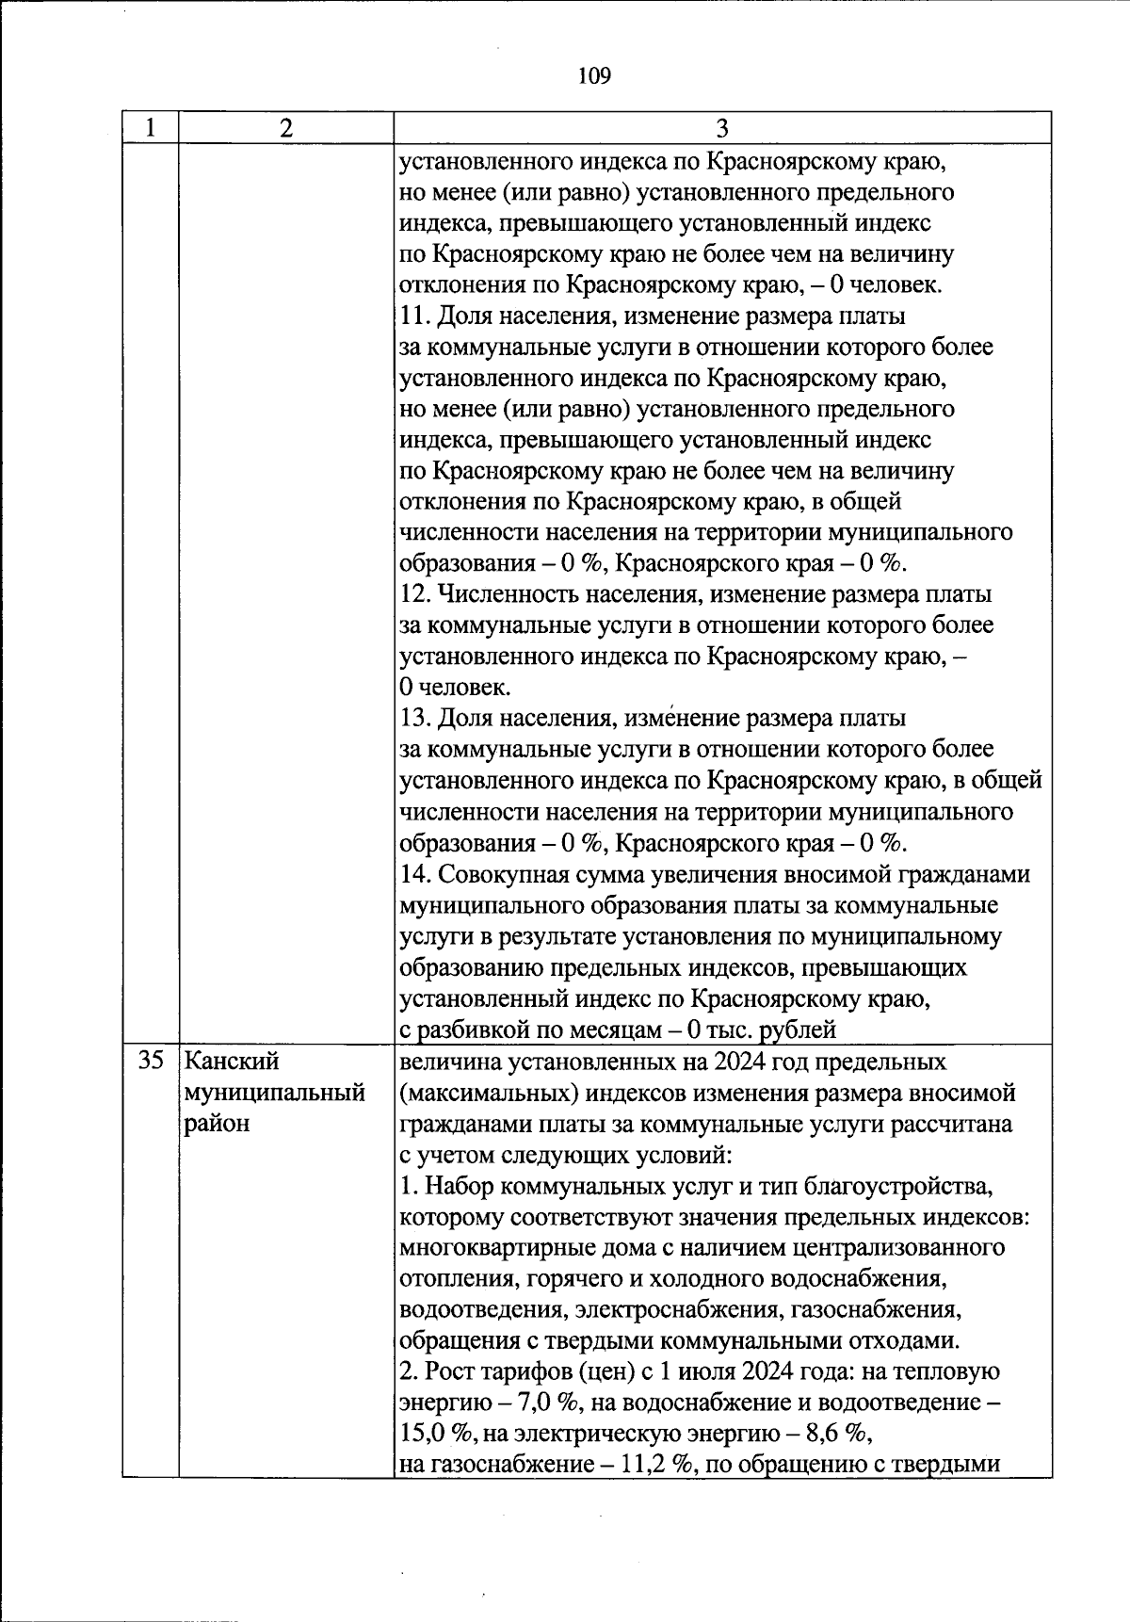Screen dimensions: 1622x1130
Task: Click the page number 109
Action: tap(594, 75)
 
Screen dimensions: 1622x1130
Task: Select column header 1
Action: tap(151, 128)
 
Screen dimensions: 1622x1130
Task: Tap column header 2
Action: tap(286, 128)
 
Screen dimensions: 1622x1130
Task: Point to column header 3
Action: tap(722, 128)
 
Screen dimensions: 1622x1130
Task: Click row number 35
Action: tap(151, 1062)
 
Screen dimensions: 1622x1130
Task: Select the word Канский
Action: tap(232, 1062)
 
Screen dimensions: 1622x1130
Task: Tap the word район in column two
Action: tap(217, 1124)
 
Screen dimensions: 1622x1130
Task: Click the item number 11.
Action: tap(412, 316)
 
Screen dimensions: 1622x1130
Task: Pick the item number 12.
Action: tap(412, 594)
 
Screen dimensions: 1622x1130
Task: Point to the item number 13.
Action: tap(412, 719)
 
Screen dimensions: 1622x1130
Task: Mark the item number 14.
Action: tap(412, 874)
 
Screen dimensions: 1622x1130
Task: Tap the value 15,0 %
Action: tap(434, 1434)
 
